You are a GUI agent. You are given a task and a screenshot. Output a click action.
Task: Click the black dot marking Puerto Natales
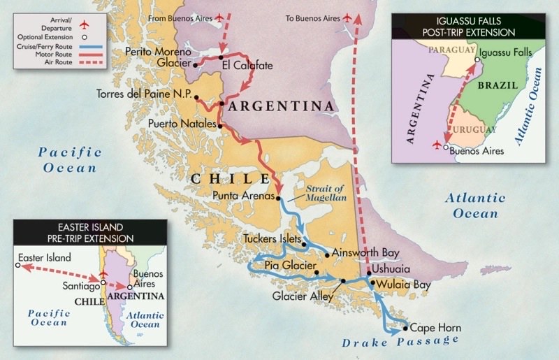coord(220,126)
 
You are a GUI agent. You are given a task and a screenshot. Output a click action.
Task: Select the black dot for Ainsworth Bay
coord(326,255)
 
